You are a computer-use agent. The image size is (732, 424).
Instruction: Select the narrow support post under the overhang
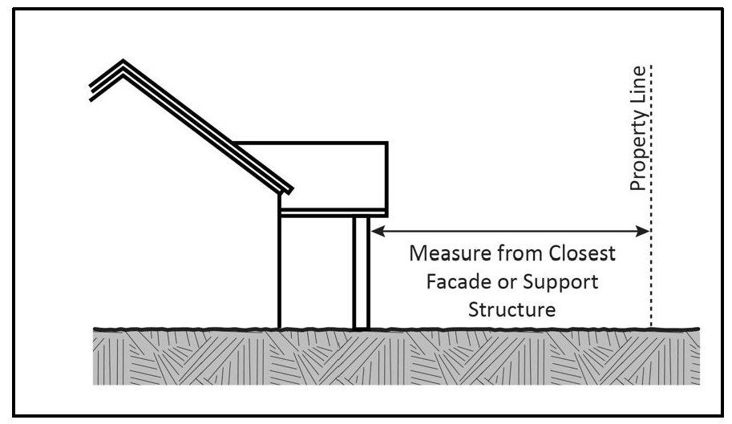coord(361,273)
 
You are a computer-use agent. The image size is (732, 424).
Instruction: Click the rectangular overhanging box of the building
coord(337,172)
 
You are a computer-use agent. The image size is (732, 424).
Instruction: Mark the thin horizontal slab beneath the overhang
coord(333,212)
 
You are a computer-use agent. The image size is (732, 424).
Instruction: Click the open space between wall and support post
coord(317,273)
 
